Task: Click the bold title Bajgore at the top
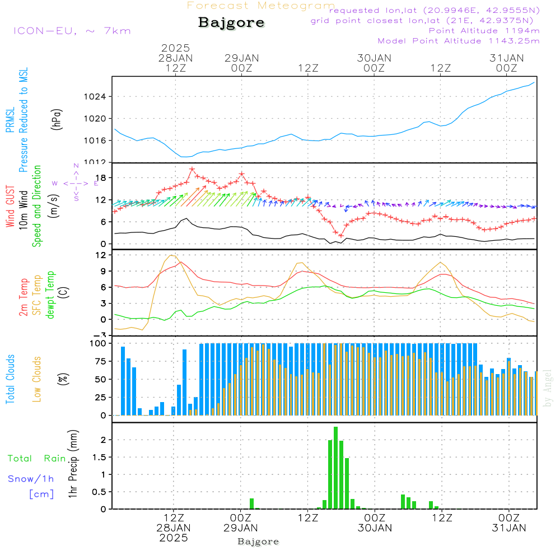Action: click(x=231, y=23)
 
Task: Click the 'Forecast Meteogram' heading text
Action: click(x=261, y=6)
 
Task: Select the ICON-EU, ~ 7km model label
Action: click(x=72, y=30)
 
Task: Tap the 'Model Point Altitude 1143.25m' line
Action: click(x=459, y=41)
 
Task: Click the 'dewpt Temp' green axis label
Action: click(x=50, y=295)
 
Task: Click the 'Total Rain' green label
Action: click(x=37, y=459)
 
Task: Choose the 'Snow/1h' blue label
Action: click(x=31, y=479)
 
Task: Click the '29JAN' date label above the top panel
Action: click(x=241, y=58)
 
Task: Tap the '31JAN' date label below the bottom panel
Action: click(x=508, y=528)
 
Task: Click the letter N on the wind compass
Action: click(x=76, y=166)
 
